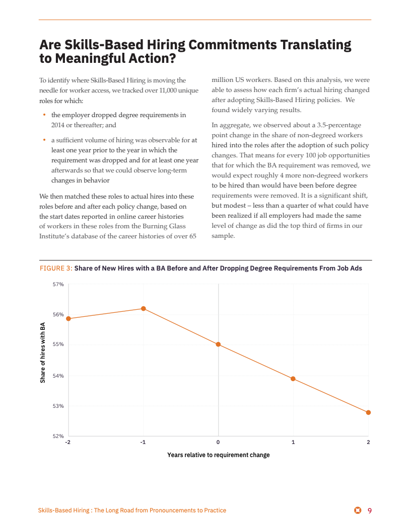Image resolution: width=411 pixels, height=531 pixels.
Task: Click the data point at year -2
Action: point(68,318)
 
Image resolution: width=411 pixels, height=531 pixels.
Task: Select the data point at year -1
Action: point(144,308)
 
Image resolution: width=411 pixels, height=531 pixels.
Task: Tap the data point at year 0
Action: point(218,344)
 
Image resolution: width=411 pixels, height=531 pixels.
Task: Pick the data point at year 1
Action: point(293,379)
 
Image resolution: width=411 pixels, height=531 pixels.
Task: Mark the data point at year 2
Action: point(368,412)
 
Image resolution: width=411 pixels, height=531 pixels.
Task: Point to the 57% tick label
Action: point(58,285)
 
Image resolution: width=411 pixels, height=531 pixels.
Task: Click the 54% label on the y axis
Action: point(58,376)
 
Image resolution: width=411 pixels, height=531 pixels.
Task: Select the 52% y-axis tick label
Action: point(58,436)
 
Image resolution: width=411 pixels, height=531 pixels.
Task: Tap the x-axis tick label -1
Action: point(143,442)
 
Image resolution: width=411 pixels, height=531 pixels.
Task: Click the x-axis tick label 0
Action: point(218,442)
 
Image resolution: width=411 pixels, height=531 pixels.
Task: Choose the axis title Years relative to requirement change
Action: point(218,455)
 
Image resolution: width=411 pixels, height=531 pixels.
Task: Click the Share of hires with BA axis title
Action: point(43,352)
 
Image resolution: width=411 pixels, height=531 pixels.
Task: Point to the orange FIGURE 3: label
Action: point(56,269)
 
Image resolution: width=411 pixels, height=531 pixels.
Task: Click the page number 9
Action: point(369,511)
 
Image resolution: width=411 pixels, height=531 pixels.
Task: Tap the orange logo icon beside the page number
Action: point(358,511)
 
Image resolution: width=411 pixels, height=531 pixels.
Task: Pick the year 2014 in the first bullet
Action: point(59,125)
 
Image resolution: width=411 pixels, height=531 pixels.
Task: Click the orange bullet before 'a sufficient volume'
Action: point(44,140)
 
